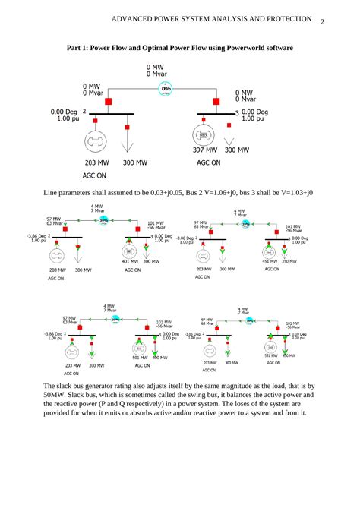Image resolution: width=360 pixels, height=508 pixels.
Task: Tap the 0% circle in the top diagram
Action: click(166, 89)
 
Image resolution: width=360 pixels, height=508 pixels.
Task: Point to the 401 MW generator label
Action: click(131, 261)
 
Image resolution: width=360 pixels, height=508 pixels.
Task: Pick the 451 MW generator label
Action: click(269, 261)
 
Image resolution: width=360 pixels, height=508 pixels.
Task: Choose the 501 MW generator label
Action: click(140, 356)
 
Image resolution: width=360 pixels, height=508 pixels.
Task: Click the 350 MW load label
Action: click(289, 261)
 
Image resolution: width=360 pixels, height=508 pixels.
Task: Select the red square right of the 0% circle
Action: click(219, 101)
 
